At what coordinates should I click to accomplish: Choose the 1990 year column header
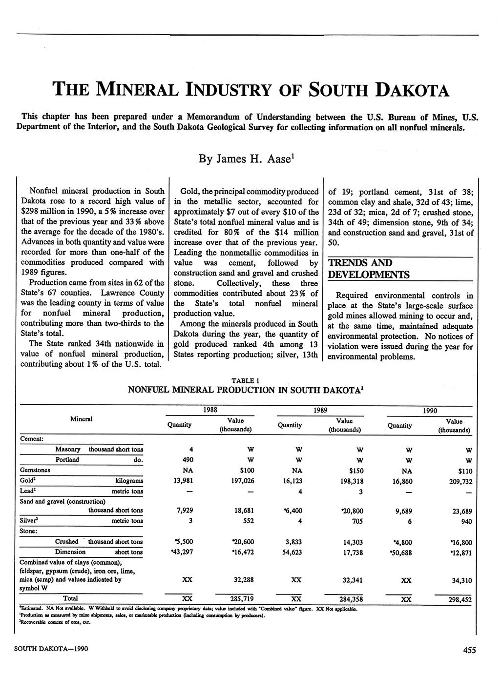tap(430, 411)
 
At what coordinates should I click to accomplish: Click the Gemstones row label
tap(35, 470)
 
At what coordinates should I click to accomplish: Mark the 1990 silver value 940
tap(466, 521)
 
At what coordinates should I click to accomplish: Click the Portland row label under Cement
tap(67, 459)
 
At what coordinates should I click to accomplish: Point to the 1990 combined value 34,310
tap(460, 580)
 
